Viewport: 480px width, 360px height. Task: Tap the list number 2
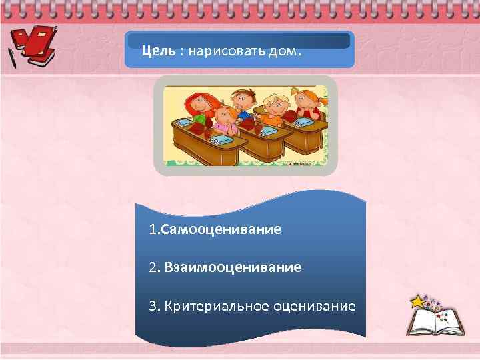[153, 267]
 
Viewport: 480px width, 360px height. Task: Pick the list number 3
[153, 306]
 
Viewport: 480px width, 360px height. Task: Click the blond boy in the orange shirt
[275, 107]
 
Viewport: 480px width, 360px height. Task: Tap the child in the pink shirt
[224, 119]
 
